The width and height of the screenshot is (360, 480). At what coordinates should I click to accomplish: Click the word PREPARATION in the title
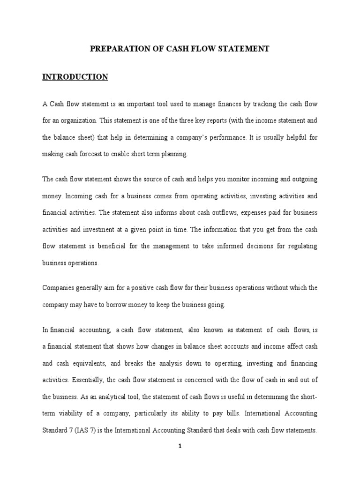pos(114,49)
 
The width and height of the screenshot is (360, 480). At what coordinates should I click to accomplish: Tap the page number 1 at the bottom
pos(180,447)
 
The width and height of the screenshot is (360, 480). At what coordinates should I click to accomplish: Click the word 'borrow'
pos(128,304)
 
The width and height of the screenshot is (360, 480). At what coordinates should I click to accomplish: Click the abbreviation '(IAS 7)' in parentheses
pos(82,430)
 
